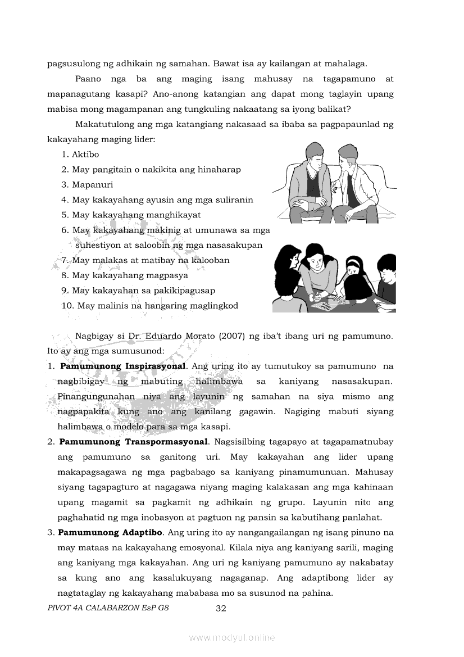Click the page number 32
pos(221,608)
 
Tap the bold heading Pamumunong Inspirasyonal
pos(122,366)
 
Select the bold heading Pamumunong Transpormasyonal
pos(134,442)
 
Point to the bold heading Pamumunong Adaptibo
pos(110,532)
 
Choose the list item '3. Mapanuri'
pos(87,185)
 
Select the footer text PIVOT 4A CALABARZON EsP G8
pos(108,608)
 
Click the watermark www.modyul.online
pos(232,637)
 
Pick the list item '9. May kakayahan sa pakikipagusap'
pos(138,291)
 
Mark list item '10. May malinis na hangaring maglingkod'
pos(150,306)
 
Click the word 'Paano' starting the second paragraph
pos(88,79)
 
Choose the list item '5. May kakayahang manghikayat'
pos(131,215)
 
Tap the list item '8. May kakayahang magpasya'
pos(125,275)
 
